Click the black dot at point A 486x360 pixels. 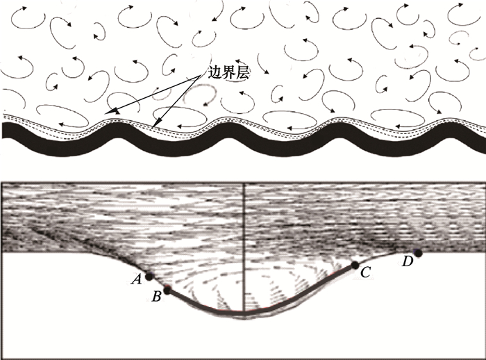(149, 277)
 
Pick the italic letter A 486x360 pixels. (137, 279)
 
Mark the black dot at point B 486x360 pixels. (167, 290)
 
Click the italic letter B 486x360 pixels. (157, 297)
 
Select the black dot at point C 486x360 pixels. (355, 265)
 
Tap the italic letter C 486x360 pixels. (364, 273)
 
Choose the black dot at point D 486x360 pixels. (418, 252)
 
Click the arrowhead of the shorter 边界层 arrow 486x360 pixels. (157, 126)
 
